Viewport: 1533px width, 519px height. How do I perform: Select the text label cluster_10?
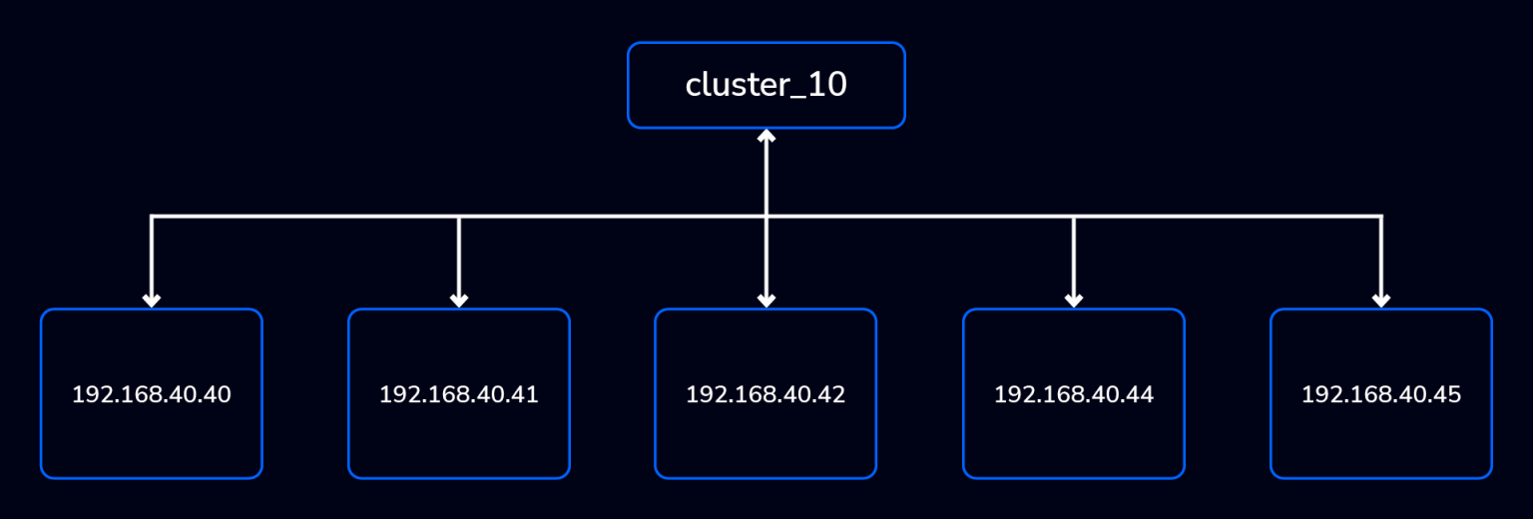point(766,86)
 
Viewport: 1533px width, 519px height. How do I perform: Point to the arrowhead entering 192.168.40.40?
point(152,299)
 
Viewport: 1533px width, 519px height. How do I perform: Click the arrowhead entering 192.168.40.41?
point(459,299)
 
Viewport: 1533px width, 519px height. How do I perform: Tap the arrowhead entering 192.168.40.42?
point(766,299)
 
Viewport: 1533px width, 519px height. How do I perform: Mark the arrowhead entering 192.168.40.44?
point(1074,299)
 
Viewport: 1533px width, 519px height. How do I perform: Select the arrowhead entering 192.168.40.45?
point(1381,299)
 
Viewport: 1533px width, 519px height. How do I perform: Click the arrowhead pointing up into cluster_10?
point(766,136)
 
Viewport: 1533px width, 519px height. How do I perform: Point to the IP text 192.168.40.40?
point(152,395)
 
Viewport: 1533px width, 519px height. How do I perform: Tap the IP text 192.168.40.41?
point(459,395)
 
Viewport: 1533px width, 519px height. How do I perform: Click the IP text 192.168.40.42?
point(766,395)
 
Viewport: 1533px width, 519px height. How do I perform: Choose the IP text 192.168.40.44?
point(1074,395)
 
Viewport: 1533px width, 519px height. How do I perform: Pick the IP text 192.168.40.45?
point(1381,395)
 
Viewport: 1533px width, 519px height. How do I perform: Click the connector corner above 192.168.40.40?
point(152,216)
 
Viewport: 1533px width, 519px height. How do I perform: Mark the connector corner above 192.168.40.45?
point(1381,216)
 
